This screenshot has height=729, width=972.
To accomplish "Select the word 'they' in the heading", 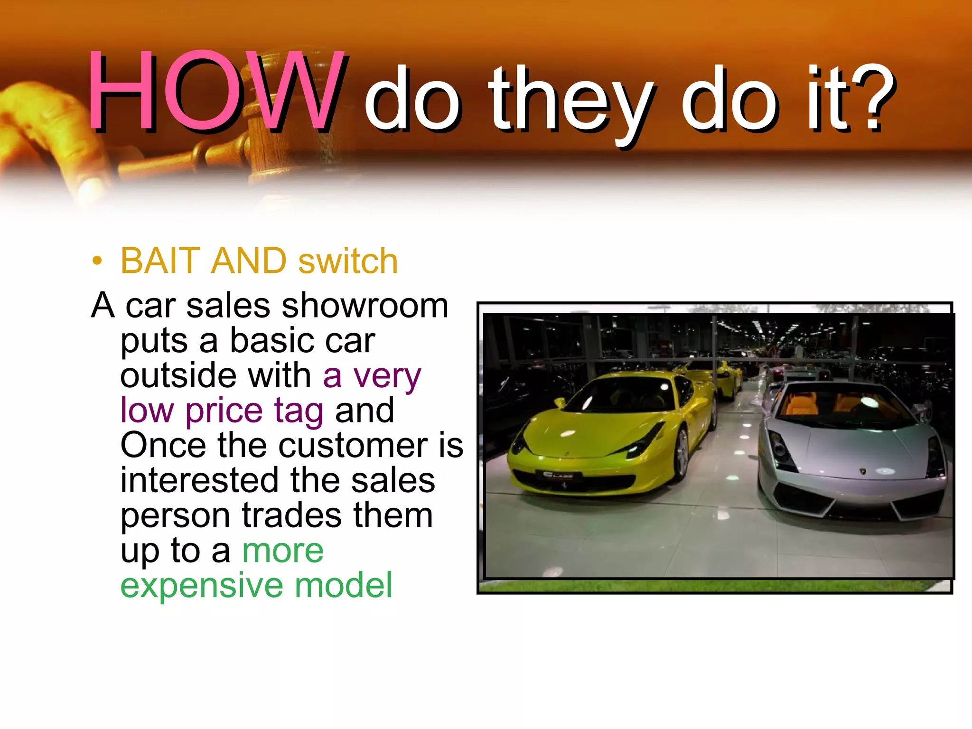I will pos(570,102).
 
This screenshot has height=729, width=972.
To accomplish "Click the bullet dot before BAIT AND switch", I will pos(97,261).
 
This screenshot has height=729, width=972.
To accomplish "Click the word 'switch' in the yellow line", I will pos(348,262).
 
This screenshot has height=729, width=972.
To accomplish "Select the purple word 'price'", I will pos(224,411).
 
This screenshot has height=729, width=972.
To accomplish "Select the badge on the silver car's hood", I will pos(862,471).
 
